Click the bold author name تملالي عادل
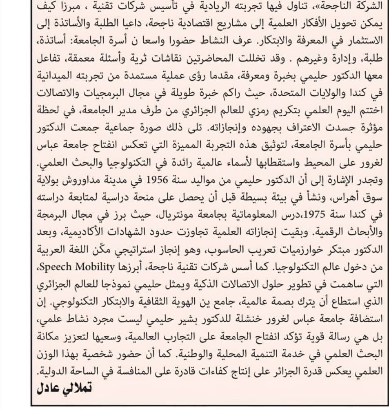tap(64, 388)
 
